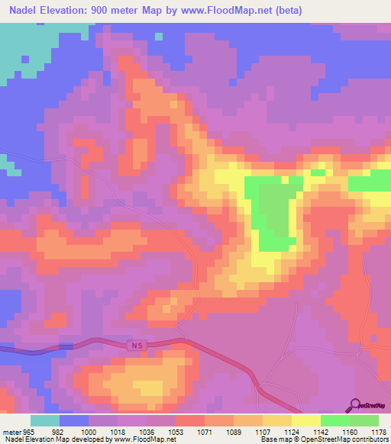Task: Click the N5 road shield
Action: click(x=134, y=345)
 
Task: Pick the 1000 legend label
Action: click(x=89, y=431)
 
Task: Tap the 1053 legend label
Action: click(x=176, y=431)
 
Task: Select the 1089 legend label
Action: click(x=234, y=431)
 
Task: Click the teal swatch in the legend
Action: click(x=45, y=420)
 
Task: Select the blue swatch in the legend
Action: click(x=74, y=420)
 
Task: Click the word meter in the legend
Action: click(x=12, y=431)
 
